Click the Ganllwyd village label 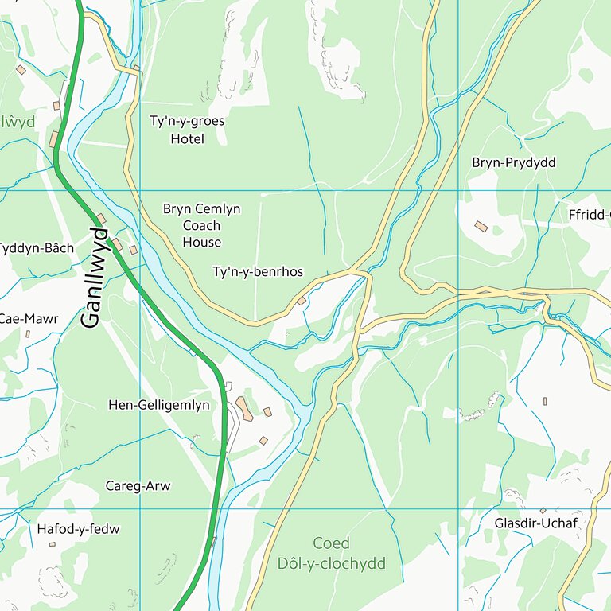click(x=93, y=278)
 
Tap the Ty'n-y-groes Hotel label click(x=187, y=130)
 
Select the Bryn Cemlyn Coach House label click(x=201, y=225)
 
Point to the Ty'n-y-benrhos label click(x=258, y=272)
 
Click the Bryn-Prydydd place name click(x=513, y=162)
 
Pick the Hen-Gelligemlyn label click(x=159, y=405)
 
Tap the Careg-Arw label click(x=138, y=486)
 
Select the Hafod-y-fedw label click(x=78, y=528)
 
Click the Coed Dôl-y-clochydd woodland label click(x=331, y=554)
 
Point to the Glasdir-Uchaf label click(x=535, y=523)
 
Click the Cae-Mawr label click(x=29, y=319)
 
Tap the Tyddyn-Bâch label click(x=37, y=248)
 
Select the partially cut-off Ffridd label click(x=590, y=215)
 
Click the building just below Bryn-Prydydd click(x=481, y=227)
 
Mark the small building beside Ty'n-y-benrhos click(x=301, y=301)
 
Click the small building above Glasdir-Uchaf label click(x=543, y=510)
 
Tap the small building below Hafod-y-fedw click(x=53, y=544)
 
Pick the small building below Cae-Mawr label click(x=28, y=333)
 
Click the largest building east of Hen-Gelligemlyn click(x=244, y=409)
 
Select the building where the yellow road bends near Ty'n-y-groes click(x=137, y=68)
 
